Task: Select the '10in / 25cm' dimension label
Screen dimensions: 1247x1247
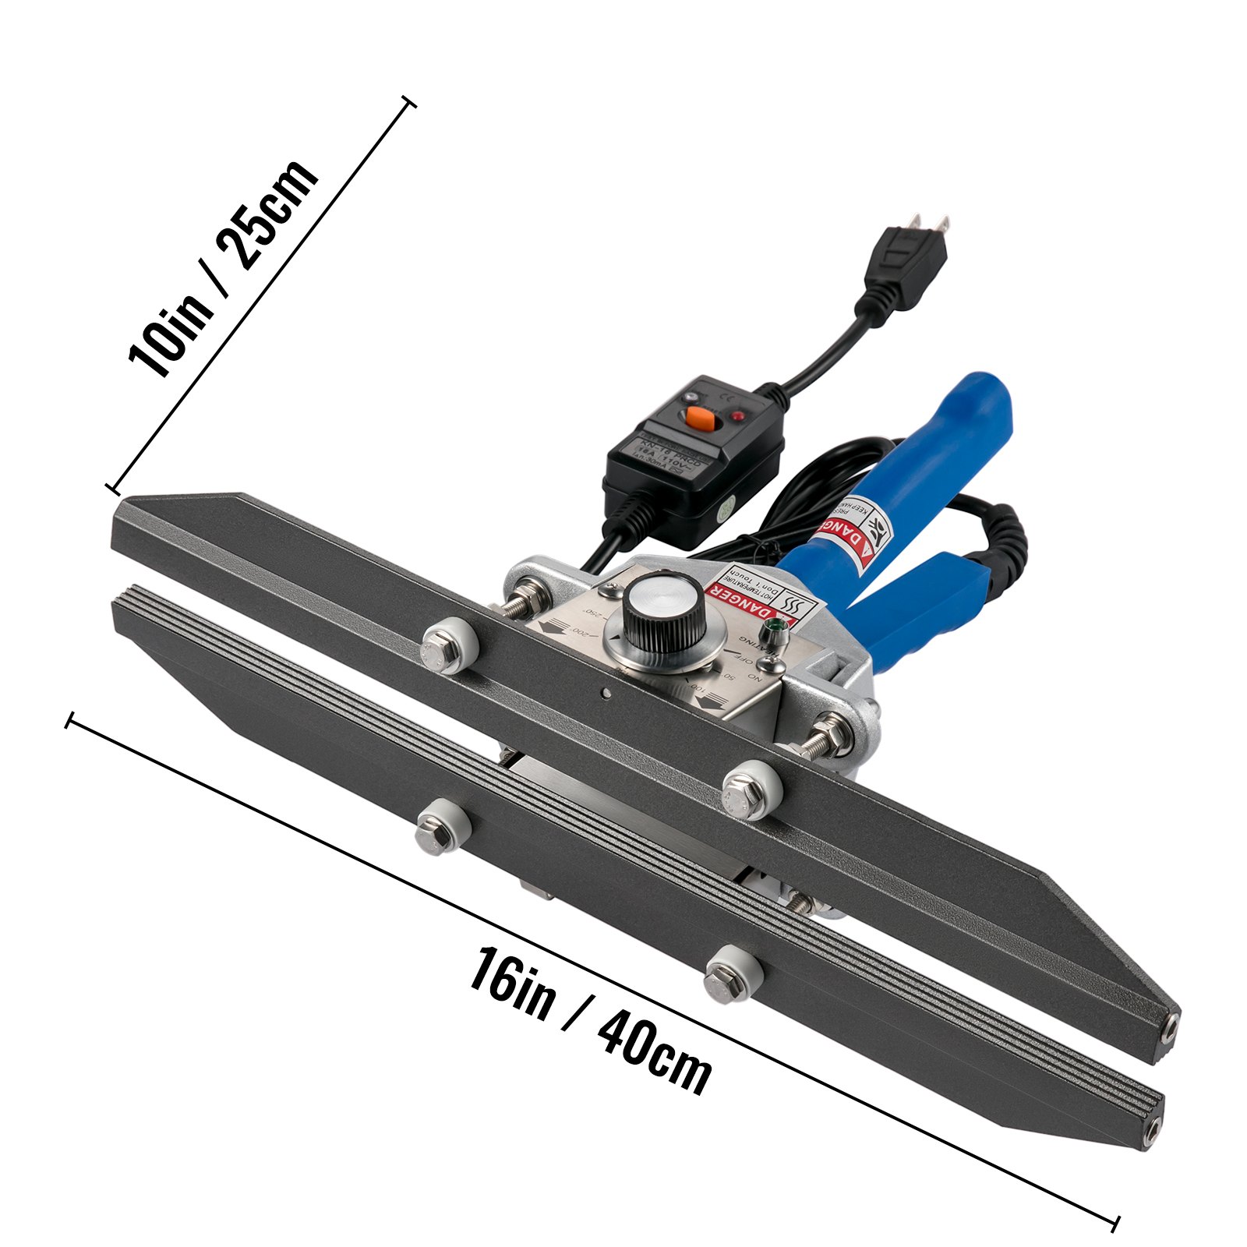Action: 224,269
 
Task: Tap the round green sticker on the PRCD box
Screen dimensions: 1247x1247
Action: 724,513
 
